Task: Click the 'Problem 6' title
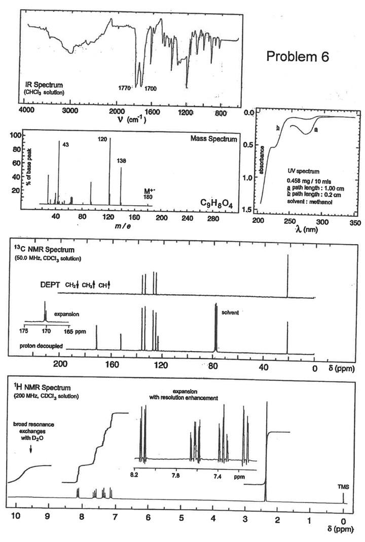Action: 298,57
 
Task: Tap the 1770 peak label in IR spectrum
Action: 125,88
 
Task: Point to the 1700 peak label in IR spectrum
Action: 151,89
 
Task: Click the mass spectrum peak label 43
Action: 65,144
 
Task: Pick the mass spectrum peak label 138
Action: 122,161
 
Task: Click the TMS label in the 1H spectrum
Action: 343,487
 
